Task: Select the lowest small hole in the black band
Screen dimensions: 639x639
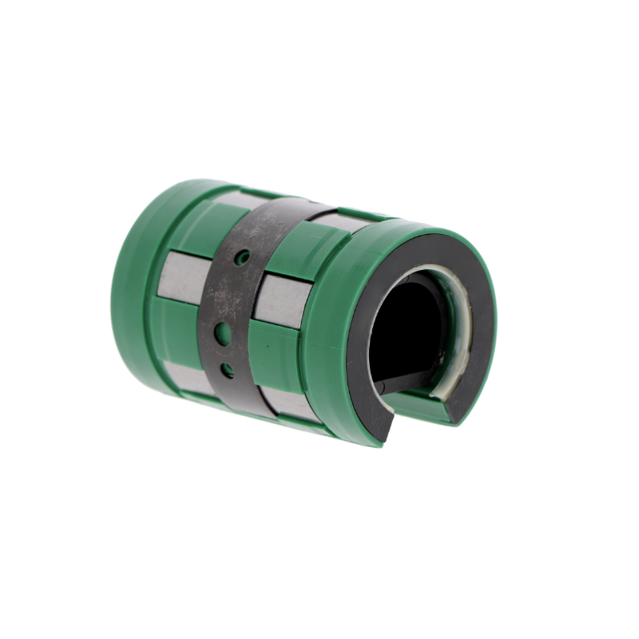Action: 228,370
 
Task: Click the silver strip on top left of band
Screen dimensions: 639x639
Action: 232,200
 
